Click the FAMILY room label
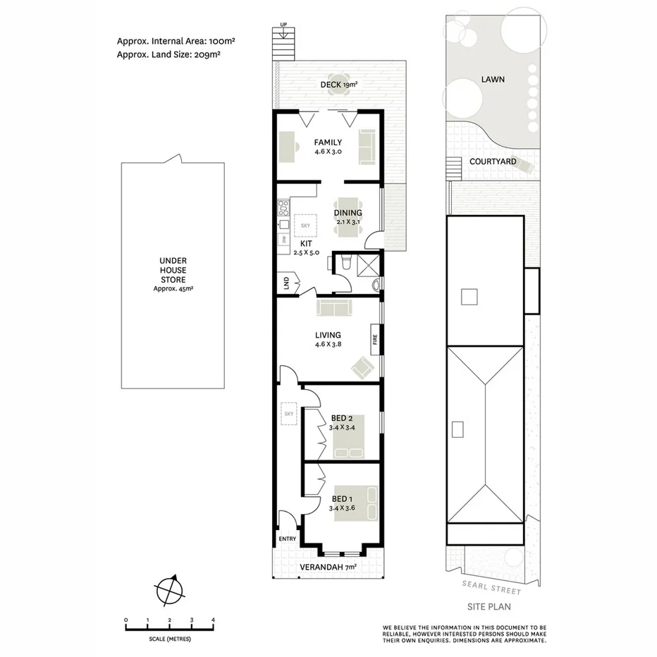pos(328,142)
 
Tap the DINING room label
pos(348,213)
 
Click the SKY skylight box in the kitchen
pos(305,226)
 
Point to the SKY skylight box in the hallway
pos(288,414)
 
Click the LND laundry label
pos(285,283)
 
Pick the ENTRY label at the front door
pos(288,539)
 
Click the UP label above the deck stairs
pos(284,25)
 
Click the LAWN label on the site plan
pos(493,80)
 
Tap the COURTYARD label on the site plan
pos(493,161)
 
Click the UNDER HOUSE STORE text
pos(173,270)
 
